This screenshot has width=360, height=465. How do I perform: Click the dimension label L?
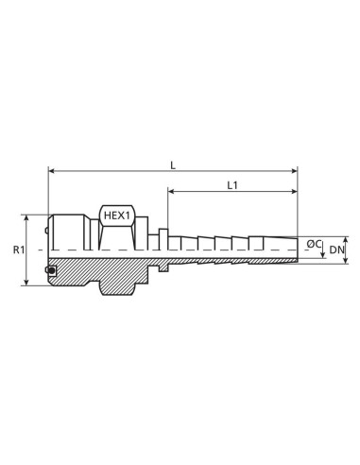coord(172,164)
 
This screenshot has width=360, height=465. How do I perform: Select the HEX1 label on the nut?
coord(116,215)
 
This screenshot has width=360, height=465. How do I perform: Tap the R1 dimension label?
coord(17,250)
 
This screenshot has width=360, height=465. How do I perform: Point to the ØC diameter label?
coord(314,245)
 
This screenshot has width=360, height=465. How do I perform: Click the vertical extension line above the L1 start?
coord(168,208)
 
